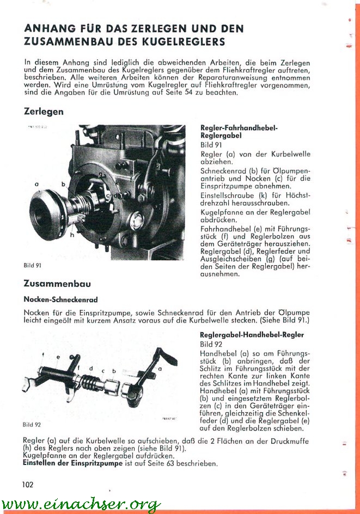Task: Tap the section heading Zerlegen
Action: [44, 112]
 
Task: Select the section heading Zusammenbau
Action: [57, 284]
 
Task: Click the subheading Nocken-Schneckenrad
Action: [60, 299]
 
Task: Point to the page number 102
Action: [28, 484]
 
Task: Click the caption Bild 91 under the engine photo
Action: [32, 266]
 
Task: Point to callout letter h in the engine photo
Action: [72, 236]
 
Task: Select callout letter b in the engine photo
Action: [63, 185]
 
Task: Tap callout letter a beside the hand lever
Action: [160, 369]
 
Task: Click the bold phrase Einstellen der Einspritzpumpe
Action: [71, 463]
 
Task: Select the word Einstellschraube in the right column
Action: [228, 194]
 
